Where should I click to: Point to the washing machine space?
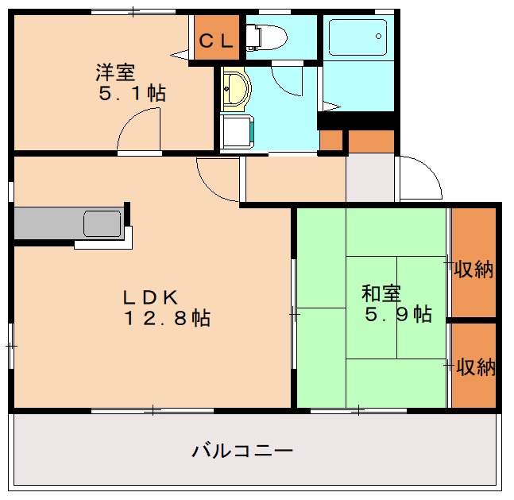tap(238, 132)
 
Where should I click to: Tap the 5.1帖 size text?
tap(133, 93)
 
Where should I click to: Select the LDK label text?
tap(149, 297)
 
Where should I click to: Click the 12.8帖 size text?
tap(166, 319)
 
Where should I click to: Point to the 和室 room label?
tap(381, 293)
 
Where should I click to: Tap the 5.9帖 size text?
tap(398, 314)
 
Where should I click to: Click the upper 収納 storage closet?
tap(473, 269)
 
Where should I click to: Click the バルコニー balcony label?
tap(242, 452)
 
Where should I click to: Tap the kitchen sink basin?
tap(102, 223)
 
